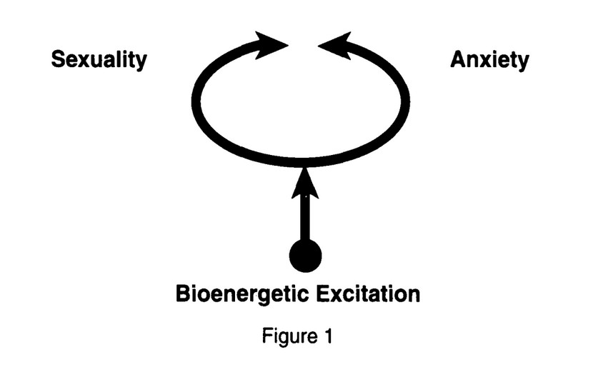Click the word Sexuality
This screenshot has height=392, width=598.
click(x=99, y=60)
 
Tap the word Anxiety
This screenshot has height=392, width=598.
click(x=489, y=60)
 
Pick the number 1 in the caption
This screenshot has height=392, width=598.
click(x=328, y=335)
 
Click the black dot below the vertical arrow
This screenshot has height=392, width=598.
click(x=305, y=255)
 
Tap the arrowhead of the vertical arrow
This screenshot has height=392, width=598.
click(x=305, y=183)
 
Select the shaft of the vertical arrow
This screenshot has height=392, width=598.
click(x=305, y=218)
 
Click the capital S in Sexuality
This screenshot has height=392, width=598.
click(x=58, y=60)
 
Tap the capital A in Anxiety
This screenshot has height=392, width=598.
click(x=458, y=60)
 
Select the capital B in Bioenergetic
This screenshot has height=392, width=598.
click(x=183, y=293)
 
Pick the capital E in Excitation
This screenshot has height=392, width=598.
click(x=322, y=293)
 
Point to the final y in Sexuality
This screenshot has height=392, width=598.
click(x=141, y=63)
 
